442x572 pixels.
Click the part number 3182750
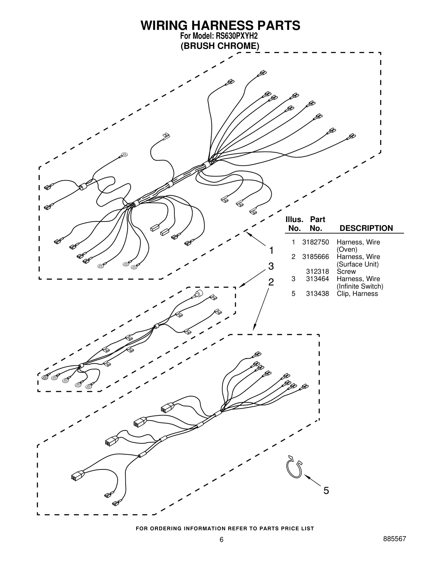[315, 242]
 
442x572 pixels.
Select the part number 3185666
[315, 257]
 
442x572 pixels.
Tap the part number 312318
[317, 271]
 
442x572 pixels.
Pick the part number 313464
[317, 279]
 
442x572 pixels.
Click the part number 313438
[317, 294]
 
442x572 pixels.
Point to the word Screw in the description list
[346, 271]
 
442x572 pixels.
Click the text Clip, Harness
[357, 294]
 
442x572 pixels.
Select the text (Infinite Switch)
[360, 286]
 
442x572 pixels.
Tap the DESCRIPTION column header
[366, 228]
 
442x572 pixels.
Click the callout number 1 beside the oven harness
[271, 251]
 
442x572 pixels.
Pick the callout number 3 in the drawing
[271, 266]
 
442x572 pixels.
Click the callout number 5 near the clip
[326, 491]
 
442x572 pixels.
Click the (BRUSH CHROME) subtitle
[220, 46]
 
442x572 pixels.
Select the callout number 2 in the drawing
[271, 282]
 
